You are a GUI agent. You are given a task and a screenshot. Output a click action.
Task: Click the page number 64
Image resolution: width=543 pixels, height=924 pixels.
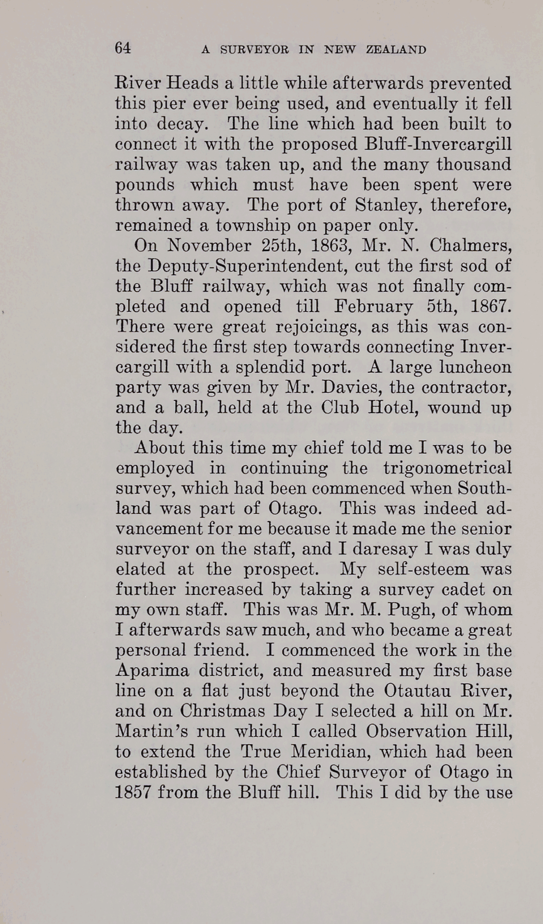pos(123,48)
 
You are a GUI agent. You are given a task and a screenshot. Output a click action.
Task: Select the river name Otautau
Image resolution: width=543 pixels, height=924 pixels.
pos(422,691)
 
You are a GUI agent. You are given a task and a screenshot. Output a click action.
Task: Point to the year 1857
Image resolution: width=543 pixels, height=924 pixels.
pos(132,792)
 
